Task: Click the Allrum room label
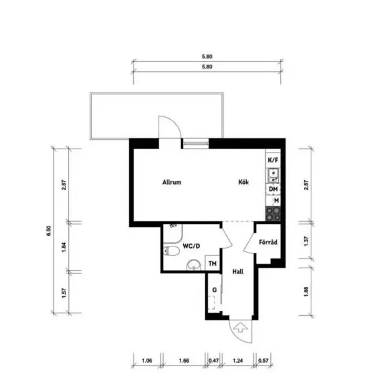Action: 172,182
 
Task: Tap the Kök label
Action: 243,182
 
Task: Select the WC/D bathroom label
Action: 191,246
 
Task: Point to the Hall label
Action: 238,271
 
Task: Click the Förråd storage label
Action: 268,243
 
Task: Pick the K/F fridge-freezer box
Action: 273,160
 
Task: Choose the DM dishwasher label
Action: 273,189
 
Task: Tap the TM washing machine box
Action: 212,264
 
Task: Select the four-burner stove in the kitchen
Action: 273,214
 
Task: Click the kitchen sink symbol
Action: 273,176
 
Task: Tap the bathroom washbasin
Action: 194,265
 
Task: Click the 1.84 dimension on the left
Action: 65,246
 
